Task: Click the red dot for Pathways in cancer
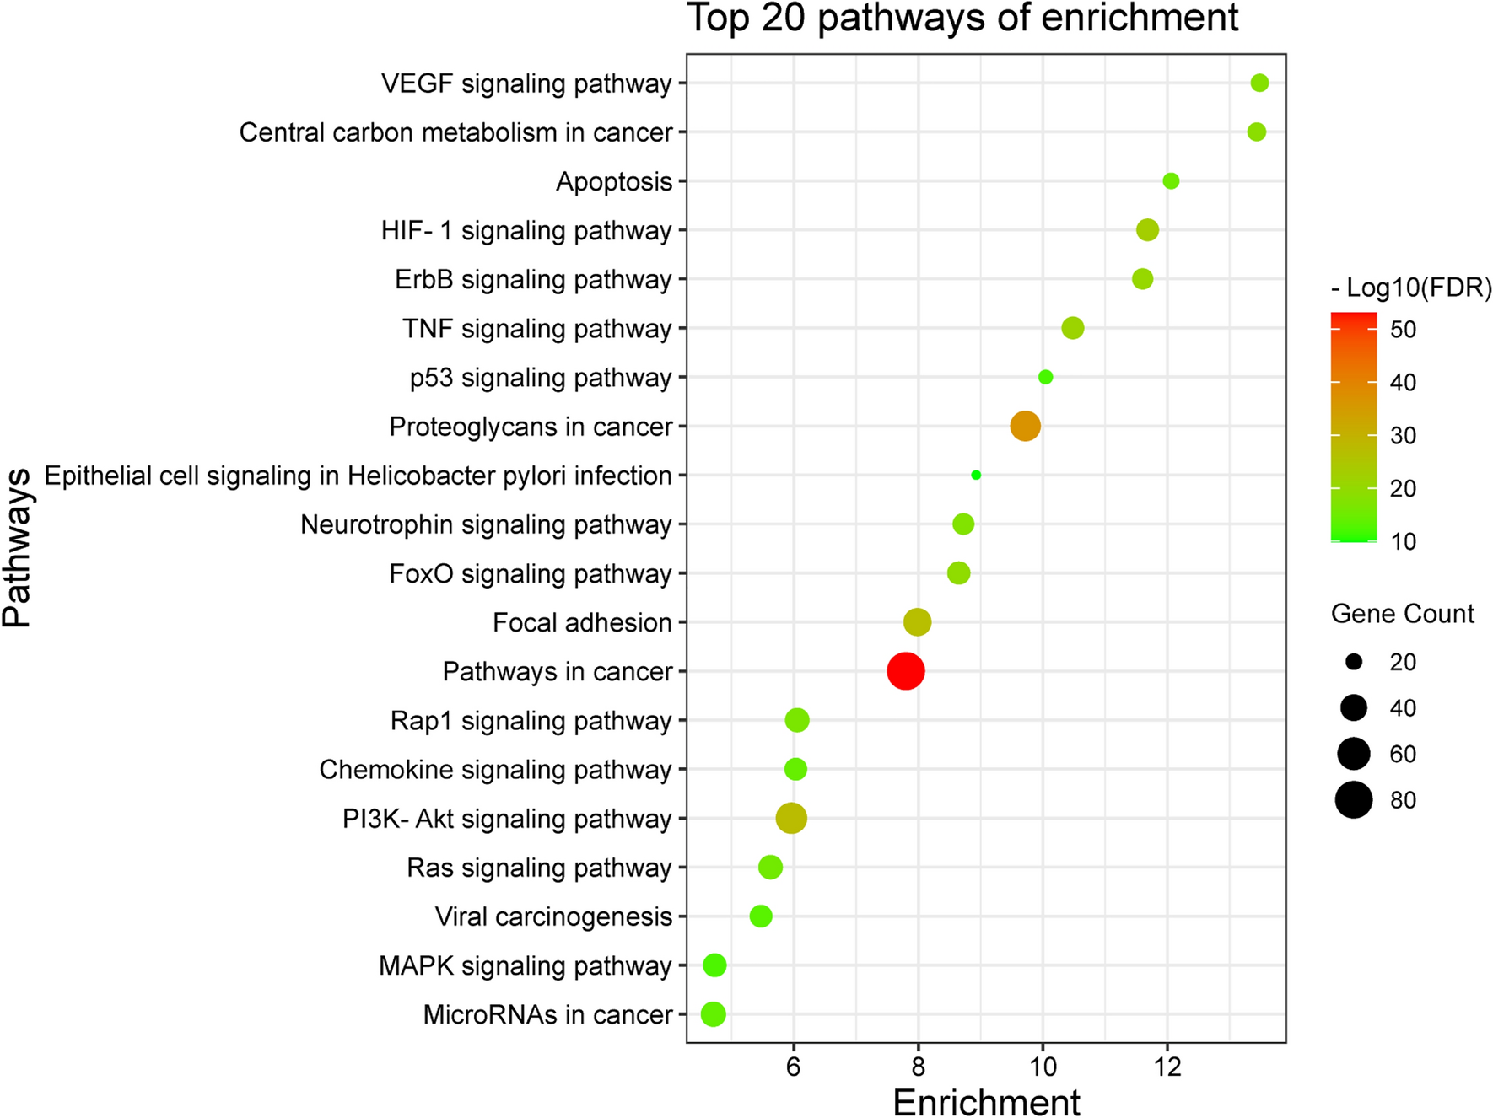click(x=906, y=671)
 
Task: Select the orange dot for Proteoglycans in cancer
click(x=1025, y=426)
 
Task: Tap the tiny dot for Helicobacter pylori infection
click(x=976, y=475)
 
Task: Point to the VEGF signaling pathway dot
click(x=1259, y=83)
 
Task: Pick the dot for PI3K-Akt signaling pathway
click(x=791, y=818)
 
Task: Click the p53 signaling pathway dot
click(x=1045, y=377)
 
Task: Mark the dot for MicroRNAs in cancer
click(x=713, y=1014)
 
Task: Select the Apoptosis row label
click(x=613, y=181)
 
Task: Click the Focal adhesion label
click(x=582, y=623)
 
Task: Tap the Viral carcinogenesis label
click(x=553, y=916)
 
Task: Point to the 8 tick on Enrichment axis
click(x=918, y=1067)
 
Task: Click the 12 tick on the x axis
click(x=1167, y=1067)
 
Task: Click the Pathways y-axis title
click(x=17, y=548)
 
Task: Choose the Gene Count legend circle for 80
click(x=1354, y=799)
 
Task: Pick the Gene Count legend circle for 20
click(x=1354, y=662)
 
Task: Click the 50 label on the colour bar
click(x=1403, y=330)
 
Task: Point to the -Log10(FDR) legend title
click(x=1411, y=288)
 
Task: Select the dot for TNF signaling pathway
click(x=1072, y=328)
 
